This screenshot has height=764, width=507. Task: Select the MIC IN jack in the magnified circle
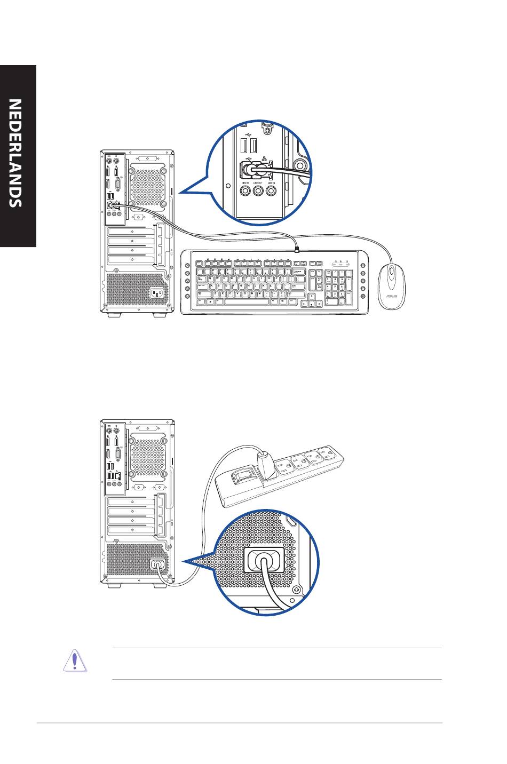245,192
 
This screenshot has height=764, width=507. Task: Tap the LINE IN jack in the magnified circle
272,192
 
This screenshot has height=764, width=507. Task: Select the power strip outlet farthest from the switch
327,457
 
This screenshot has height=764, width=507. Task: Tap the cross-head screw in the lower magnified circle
297,590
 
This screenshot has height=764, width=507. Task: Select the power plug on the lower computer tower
156,563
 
